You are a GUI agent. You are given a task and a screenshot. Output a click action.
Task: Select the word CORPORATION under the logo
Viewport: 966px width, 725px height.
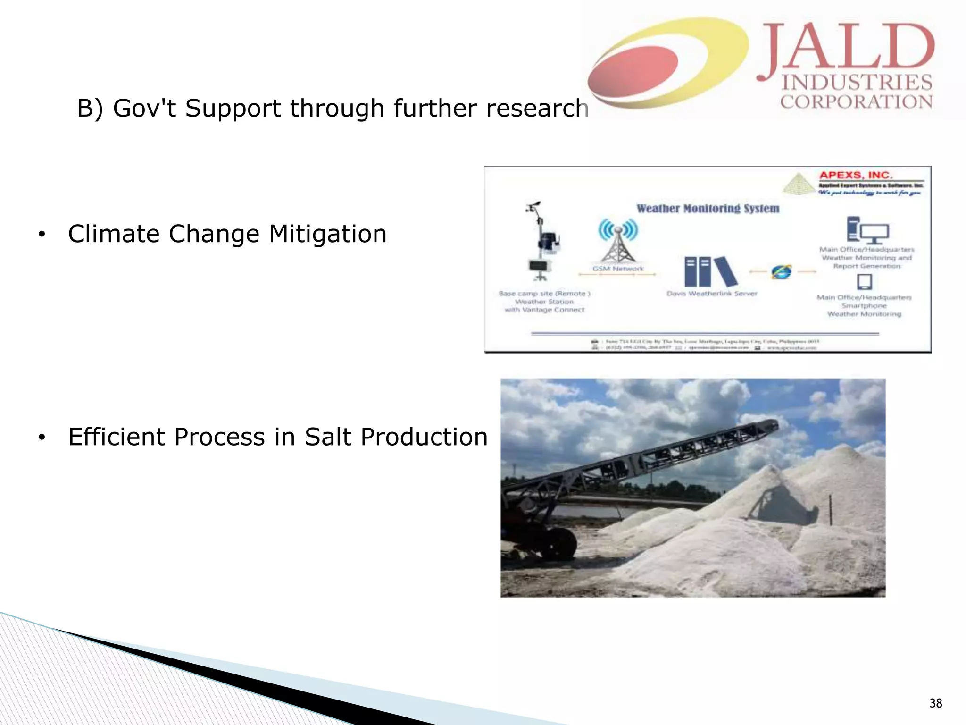click(x=856, y=101)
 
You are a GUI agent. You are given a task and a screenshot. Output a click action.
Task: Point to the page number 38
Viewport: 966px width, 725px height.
click(x=936, y=703)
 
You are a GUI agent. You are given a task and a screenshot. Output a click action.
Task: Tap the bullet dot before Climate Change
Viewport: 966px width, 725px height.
click(x=42, y=235)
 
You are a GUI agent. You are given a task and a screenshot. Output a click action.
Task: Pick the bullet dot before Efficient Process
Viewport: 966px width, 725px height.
click(x=42, y=438)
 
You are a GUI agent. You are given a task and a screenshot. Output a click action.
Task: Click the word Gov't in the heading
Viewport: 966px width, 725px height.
click(x=144, y=108)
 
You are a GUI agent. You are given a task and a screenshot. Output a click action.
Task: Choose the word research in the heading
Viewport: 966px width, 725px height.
click(x=538, y=108)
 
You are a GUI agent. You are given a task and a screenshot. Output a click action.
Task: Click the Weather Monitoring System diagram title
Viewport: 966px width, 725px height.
click(x=708, y=208)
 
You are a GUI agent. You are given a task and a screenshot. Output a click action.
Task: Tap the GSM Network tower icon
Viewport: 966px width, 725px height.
click(x=618, y=241)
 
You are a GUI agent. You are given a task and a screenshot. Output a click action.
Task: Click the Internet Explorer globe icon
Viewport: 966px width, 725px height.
click(x=782, y=272)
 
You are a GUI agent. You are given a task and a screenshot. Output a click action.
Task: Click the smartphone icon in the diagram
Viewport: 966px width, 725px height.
click(x=864, y=282)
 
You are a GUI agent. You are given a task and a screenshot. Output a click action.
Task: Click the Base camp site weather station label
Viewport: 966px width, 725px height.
click(x=544, y=302)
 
